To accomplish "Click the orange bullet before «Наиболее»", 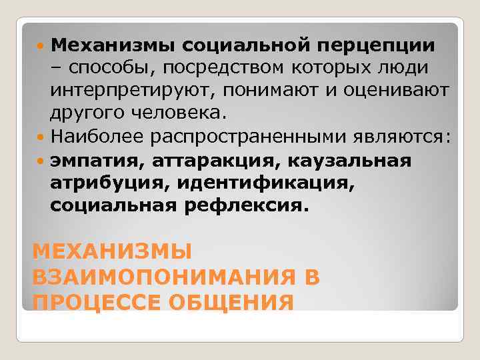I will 43,138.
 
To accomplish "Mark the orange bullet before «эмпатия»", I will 43,161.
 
